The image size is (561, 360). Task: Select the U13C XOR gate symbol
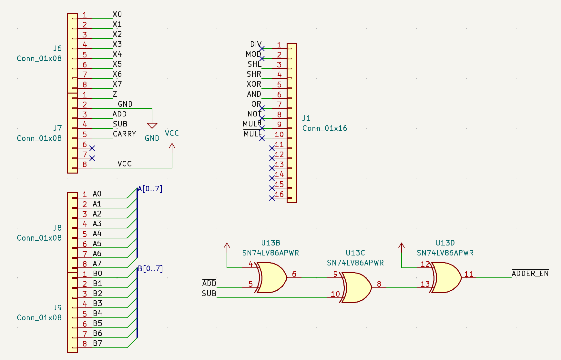[356, 287]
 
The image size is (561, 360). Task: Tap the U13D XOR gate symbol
[446, 277]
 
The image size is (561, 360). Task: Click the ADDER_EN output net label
[530, 274]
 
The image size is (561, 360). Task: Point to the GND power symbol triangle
[152, 125]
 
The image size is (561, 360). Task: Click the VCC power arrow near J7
[172, 147]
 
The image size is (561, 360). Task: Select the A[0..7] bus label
[150, 189]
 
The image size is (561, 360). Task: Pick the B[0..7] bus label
[150, 269]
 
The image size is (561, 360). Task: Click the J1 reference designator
[306, 118]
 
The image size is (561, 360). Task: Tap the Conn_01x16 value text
[325, 128]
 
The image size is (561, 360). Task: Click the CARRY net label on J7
[124, 134]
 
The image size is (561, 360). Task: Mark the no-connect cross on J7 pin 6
[92, 148]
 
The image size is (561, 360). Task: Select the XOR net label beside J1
[254, 84]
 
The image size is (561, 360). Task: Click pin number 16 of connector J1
[279, 194]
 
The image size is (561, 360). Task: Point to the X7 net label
[117, 84]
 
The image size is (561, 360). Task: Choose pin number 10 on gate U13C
[335, 294]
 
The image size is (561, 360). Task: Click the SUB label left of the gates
[209, 294]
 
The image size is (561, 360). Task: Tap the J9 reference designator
[57, 307]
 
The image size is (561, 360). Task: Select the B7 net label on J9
[97, 343]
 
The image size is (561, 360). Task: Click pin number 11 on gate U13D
[468, 274]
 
